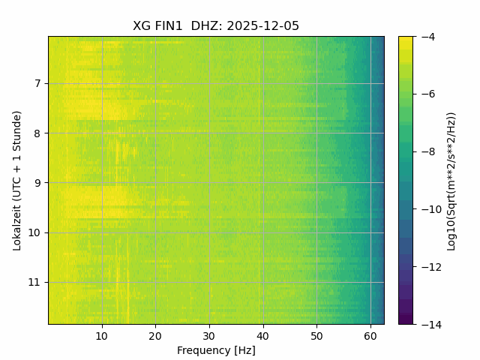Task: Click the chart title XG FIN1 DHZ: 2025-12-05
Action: tap(216, 26)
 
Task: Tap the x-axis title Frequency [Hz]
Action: tap(216, 350)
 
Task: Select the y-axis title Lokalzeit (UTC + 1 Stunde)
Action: tap(17, 180)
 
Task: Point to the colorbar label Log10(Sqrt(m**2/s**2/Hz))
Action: tap(451, 181)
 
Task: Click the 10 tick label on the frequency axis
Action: tap(102, 335)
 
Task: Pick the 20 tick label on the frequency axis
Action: tap(155, 335)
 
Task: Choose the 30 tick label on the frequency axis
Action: tap(209, 335)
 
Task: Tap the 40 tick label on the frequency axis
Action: tap(262, 335)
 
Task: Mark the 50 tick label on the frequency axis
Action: tap(316, 335)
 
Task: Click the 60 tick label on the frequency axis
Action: tap(370, 335)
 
